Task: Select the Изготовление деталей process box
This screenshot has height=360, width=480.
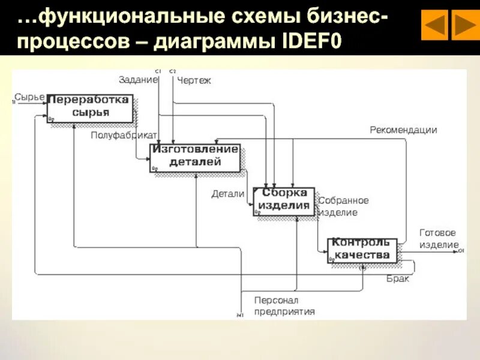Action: point(194,157)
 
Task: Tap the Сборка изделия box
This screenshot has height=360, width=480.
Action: point(283,200)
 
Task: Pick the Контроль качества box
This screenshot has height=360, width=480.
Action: point(361,249)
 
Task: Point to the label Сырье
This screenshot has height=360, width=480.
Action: point(29,97)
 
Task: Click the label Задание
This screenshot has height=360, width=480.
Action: point(138,79)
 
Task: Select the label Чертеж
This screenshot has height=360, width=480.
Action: point(194,80)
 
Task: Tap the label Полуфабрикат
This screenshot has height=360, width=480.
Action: point(124,135)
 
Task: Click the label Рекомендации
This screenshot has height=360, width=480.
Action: point(403,130)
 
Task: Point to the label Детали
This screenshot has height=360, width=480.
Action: point(227,194)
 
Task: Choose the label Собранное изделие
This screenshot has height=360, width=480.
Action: point(343,206)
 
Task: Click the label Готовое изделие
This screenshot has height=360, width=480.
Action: point(438,238)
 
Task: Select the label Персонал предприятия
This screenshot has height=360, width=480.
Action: point(284,305)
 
